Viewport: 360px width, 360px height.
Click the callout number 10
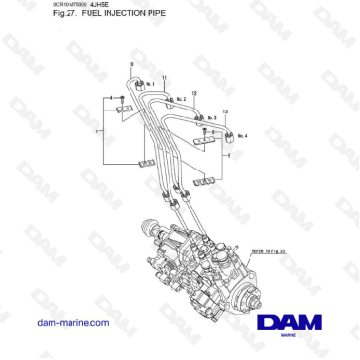130,64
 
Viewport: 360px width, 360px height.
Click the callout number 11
164,76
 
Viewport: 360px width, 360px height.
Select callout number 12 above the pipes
194,92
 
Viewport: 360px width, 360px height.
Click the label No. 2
181,98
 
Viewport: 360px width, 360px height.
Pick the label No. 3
211,117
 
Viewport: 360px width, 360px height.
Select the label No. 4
242,136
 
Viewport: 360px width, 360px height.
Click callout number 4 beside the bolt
111,98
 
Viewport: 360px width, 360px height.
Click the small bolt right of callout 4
122,99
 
